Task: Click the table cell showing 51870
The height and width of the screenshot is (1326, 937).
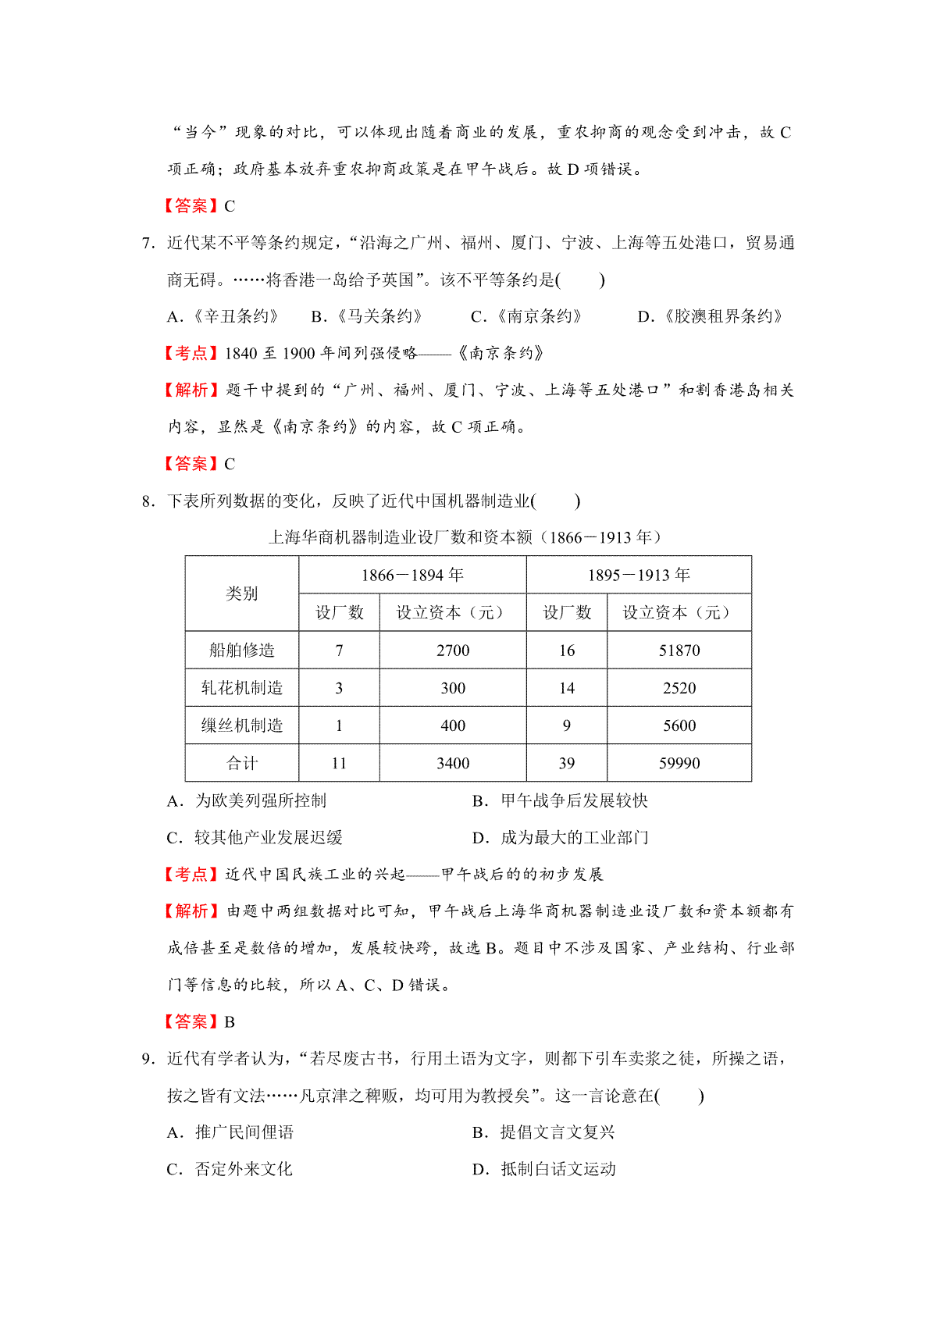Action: [x=679, y=650]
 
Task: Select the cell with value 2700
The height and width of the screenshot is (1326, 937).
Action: [x=453, y=650]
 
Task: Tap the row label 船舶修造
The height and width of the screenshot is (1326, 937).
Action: [x=242, y=650]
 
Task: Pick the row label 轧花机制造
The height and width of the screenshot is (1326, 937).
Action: [x=242, y=687]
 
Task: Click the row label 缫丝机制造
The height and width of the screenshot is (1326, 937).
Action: [x=242, y=725]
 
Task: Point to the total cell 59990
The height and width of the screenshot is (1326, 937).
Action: [x=679, y=763]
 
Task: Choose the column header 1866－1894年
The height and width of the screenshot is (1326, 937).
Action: [x=412, y=575]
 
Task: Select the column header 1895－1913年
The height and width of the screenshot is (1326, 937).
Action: [x=639, y=575]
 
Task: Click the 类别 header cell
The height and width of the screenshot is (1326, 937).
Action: [x=242, y=593]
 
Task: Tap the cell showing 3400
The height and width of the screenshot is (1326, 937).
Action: [x=453, y=763]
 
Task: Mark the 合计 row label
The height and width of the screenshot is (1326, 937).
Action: [x=242, y=763]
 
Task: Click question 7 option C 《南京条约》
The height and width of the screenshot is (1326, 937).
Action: [x=527, y=316]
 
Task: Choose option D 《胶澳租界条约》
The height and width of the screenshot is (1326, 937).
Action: [x=711, y=316]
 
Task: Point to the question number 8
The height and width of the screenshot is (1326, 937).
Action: [x=148, y=501]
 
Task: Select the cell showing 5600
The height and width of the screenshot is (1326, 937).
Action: [x=679, y=725]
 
